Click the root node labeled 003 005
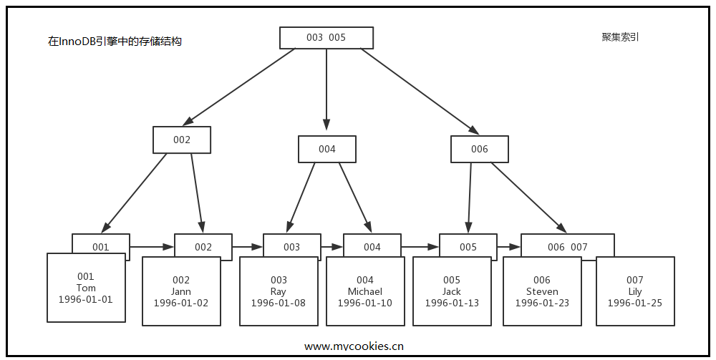click(326, 38)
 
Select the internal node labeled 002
click(182, 140)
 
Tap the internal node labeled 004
click(327, 149)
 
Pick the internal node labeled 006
click(479, 149)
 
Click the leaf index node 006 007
click(567, 246)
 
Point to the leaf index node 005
click(468, 246)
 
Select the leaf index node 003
click(291, 246)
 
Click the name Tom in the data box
click(86, 288)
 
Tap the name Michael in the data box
click(365, 291)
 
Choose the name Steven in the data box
click(542, 291)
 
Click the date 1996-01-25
click(634, 303)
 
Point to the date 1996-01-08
click(278, 303)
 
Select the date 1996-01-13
click(452, 303)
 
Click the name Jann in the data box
click(181, 291)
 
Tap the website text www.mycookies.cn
click(354, 346)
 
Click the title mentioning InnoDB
click(115, 42)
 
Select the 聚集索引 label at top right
click(620, 37)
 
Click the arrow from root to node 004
click(326, 86)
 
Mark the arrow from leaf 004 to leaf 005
click(420, 247)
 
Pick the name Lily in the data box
click(634, 291)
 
